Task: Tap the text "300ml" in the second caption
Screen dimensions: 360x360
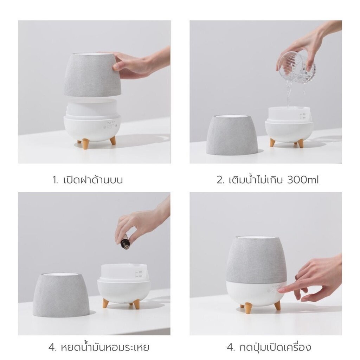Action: tap(303, 180)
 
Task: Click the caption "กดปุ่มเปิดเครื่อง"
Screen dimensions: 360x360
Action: tap(269, 348)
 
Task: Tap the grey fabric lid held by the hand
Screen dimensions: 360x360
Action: tap(92, 75)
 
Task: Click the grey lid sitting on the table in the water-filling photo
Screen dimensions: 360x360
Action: tap(232, 135)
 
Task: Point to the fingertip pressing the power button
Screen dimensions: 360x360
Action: tap(281, 291)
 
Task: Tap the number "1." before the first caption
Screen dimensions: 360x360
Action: tap(55, 180)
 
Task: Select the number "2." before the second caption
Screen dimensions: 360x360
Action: tap(220, 180)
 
